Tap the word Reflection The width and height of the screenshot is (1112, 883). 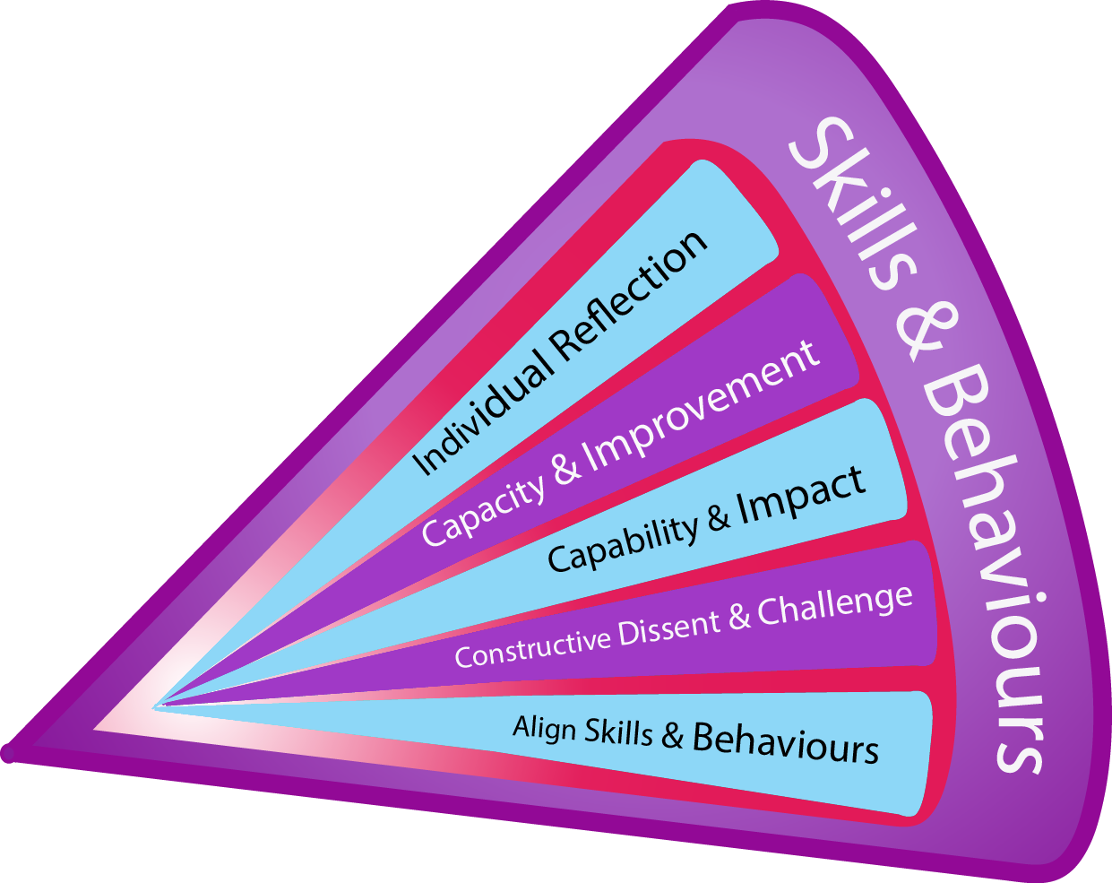click(x=629, y=295)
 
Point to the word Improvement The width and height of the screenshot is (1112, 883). click(x=702, y=409)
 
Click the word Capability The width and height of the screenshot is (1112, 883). click(x=623, y=543)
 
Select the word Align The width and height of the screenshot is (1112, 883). click(x=544, y=727)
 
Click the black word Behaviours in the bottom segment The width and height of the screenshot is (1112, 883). click(x=786, y=743)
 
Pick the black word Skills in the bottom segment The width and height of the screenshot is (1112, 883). click(x=618, y=732)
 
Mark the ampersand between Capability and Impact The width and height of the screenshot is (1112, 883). click(x=719, y=518)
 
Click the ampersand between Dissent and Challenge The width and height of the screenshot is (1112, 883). click(x=739, y=617)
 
